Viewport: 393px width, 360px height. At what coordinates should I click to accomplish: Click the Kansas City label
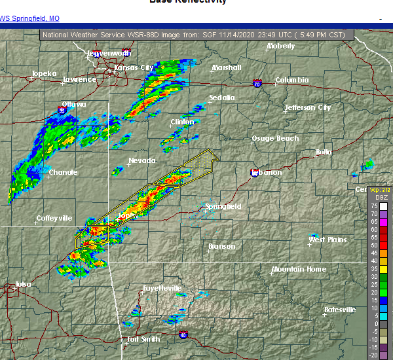tap(134, 67)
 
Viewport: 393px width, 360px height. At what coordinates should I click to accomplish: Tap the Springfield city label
tap(223, 206)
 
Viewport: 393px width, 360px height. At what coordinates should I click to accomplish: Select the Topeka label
tap(45, 74)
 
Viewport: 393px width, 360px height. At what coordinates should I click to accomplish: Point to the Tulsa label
tap(24, 284)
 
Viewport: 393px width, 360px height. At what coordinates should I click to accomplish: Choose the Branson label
tap(221, 247)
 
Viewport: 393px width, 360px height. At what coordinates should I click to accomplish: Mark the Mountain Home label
tap(298, 269)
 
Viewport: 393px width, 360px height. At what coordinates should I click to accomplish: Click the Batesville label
tap(340, 310)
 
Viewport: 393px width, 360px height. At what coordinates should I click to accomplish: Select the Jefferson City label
tap(307, 107)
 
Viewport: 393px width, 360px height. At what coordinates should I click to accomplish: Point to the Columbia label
tap(291, 80)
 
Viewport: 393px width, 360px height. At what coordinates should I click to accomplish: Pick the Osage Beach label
tap(275, 138)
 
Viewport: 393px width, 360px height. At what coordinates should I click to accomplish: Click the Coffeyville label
tap(54, 218)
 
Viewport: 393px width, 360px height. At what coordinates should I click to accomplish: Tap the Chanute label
tap(64, 172)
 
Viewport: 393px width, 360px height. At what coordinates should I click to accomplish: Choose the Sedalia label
tap(221, 98)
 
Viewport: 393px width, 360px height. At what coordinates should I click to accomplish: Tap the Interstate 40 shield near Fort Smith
tap(183, 335)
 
